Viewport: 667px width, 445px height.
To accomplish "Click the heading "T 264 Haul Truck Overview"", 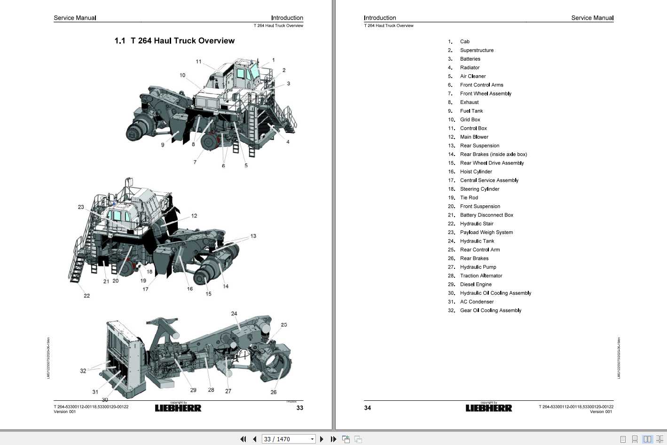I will point(174,41).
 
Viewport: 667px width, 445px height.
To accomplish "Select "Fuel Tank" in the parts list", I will point(471,111).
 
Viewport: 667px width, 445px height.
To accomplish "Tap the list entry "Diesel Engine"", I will point(476,284).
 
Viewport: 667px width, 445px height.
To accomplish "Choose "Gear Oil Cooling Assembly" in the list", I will point(490,311).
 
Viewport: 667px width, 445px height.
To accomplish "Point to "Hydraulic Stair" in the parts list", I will point(477,224).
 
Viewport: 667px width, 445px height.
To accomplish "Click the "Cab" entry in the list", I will point(464,42).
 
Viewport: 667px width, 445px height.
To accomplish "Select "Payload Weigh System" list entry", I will point(486,233).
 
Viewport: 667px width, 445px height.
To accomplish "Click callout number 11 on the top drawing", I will point(199,62).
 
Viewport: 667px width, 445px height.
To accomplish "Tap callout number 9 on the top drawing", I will point(163,145).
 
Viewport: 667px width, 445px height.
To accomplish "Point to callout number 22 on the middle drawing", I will point(86,296).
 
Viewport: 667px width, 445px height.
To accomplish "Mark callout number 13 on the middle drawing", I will point(253,236).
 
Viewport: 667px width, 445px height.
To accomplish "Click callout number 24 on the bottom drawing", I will point(234,313).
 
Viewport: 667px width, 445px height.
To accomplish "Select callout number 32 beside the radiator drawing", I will point(83,371).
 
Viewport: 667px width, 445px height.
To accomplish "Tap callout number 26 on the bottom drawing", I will point(274,392).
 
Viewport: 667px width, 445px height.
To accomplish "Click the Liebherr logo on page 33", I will point(178,408).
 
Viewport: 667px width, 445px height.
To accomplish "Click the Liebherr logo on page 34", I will point(488,408).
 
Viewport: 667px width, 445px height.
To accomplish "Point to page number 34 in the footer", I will point(368,408).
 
